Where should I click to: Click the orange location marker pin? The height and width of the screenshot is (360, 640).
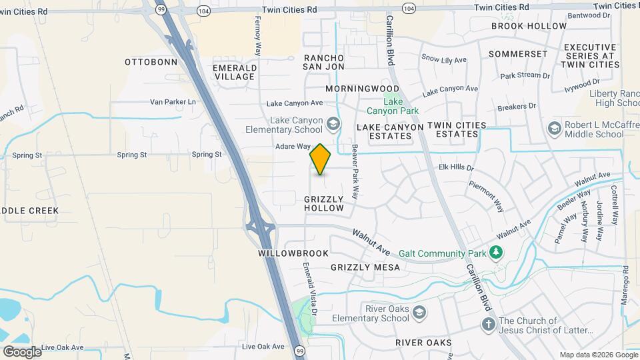pyautogui.click(x=321, y=159)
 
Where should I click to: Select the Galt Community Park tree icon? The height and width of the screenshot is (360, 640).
pyautogui.click(x=495, y=252)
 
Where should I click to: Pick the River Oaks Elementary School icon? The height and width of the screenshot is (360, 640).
pyautogui.click(x=419, y=312)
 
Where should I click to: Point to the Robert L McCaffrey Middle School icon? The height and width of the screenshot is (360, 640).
pyautogui.click(x=553, y=127)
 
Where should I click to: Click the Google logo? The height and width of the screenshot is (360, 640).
pyautogui.click(x=22, y=351)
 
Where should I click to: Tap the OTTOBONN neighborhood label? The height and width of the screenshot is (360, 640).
pyautogui.click(x=151, y=62)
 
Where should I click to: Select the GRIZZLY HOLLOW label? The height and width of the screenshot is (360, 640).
pyautogui.click(x=324, y=203)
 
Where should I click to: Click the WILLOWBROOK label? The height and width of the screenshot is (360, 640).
pyautogui.click(x=293, y=253)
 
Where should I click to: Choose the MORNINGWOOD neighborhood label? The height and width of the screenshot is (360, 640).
pyautogui.click(x=363, y=88)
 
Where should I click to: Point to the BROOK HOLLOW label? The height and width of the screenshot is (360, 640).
pyautogui.click(x=529, y=26)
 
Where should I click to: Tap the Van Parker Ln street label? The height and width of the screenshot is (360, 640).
pyautogui.click(x=175, y=101)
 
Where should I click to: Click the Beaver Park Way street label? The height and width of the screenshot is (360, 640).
pyautogui.click(x=355, y=172)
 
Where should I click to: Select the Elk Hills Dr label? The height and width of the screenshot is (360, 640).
pyautogui.click(x=456, y=168)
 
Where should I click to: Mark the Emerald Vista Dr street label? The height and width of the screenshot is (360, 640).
pyautogui.click(x=310, y=288)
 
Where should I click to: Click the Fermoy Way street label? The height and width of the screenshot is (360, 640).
pyautogui.click(x=258, y=36)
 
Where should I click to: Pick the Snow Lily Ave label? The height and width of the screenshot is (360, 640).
pyautogui.click(x=444, y=60)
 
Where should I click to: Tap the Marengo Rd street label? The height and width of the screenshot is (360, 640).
pyautogui.click(x=625, y=283)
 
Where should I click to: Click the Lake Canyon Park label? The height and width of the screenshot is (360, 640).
pyautogui.click(x=393, y=105)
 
